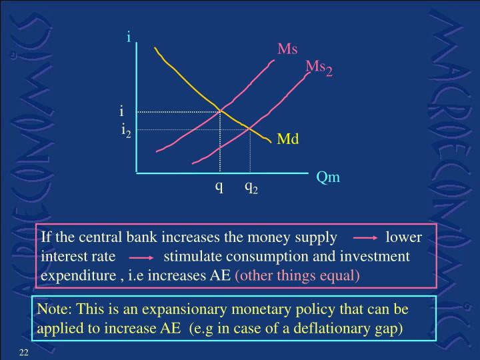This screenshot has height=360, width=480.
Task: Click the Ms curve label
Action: pyautogui.click(x=287, y=49)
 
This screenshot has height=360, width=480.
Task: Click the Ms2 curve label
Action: pyautogui.click(x=319, y=67)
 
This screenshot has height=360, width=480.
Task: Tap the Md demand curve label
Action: pyautogui.click(x=288, y=139)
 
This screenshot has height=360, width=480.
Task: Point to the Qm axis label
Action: pyautogui.click(x=328, y=177)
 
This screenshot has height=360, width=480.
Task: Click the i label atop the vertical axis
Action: pyautogui.click(x=129, y=37)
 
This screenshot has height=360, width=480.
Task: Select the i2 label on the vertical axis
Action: pyautogui.click(x=126, y=130)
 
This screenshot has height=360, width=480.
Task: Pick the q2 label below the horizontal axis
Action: pyautogui.click(x=251, y=188)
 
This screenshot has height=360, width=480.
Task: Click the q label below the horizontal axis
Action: pyautogui.click(x=218, y=187)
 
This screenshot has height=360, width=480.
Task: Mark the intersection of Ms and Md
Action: pyautogui.click(x=221, y=111)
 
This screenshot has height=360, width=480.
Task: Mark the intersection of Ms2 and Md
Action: pyautogui.click(x=249, y=129)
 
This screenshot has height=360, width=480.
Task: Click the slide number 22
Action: pyautogui.click(x=23, y=351)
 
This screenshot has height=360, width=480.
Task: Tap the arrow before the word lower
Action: pyautogui.click(x=365, y=237)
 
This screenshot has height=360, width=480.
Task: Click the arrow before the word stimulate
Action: pyautogui.click(x=141, y=256)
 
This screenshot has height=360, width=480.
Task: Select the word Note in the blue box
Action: pyautogui.click(x=55, y=310)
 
